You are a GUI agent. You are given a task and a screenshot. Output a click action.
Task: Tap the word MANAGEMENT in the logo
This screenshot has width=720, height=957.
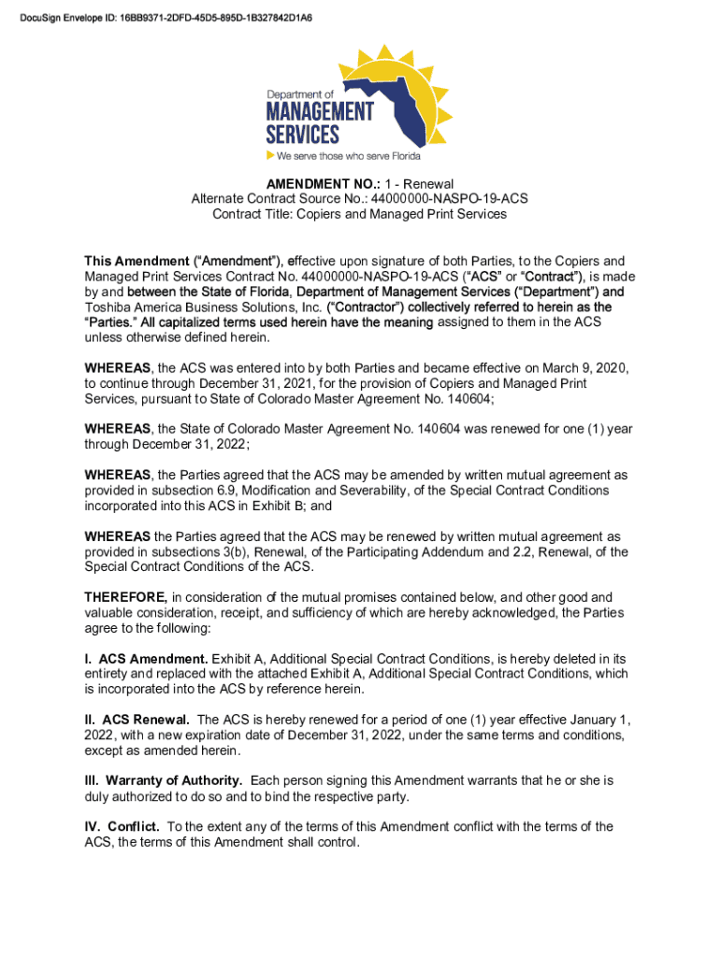(x=319, y=111)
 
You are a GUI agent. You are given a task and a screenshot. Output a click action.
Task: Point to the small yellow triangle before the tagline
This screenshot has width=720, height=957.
(x=270, y=155)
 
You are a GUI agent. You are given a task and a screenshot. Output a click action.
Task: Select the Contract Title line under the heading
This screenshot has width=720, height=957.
(x=359, y=214)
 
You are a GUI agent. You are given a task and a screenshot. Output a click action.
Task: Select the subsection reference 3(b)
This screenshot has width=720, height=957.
(x=223, y=551)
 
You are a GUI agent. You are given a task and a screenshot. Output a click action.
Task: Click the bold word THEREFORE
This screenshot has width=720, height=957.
(x=126, y=597)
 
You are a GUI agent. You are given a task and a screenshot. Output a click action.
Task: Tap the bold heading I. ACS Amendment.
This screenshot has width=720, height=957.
(x=146, y=659)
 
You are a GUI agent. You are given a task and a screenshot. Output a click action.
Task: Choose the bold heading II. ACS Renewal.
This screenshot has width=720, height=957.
(x=137, y=720)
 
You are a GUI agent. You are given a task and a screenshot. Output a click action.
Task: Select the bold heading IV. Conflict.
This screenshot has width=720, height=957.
(x=122, y=826)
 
